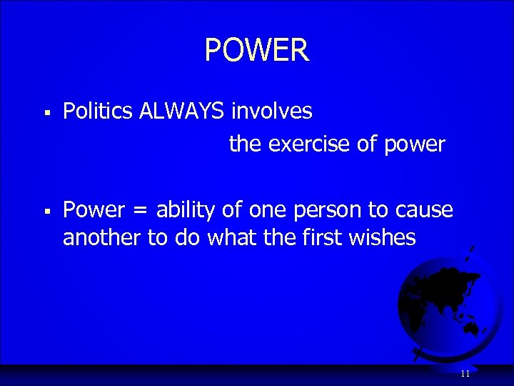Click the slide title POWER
257,51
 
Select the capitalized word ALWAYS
181,111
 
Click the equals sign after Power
139,211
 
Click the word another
102,238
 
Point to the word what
232,238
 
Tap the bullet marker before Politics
46,112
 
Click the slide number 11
465,374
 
